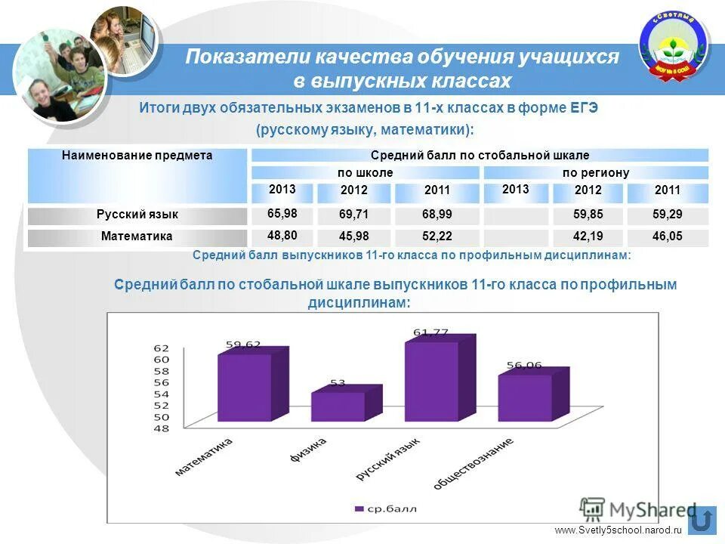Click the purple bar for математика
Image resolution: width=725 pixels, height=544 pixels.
click(244, 388)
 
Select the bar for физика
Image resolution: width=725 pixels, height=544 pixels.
click(338, 406)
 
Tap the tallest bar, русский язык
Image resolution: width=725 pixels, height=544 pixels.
click(431, 381)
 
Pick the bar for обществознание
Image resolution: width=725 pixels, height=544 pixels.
click(524, 397)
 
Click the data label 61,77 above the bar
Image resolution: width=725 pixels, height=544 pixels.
click(431, 332)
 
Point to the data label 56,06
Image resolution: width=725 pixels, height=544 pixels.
click(524, 365)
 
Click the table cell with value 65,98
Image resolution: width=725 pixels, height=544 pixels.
click(282, 214)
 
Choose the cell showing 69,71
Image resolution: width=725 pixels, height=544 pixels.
click(354, 215)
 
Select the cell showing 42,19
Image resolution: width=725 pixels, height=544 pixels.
click(588, 236)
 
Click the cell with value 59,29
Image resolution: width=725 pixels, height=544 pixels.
click(667, 215)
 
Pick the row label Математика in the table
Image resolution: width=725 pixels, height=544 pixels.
click(137, 236)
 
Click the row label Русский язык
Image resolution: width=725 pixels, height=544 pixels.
click(137, 215)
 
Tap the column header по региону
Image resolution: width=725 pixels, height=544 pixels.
click(595, 173)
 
